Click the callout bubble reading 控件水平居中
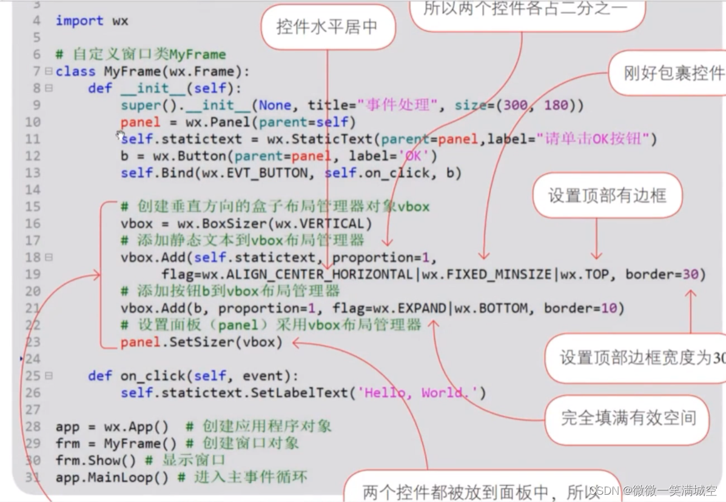(x=327, y=27)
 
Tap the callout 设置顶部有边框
(x=607, y=195)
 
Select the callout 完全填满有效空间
(x=627, y=418)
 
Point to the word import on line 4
(x=79, y=21)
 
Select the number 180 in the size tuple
(x=556, y=105)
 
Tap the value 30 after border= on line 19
(x=690, y=275)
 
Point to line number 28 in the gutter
(x=33, y=426)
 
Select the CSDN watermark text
(x=655, y=490)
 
